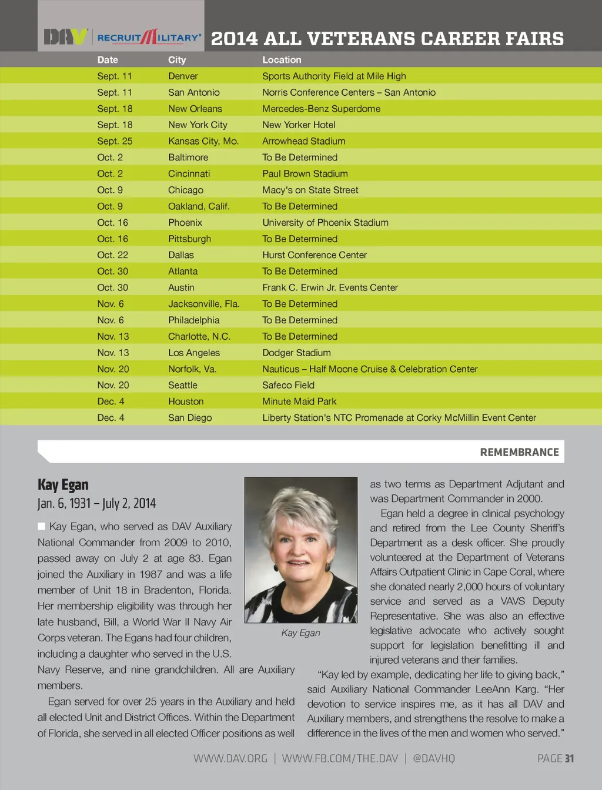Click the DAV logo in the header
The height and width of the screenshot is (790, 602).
pyautogui.click(x=66, y=37)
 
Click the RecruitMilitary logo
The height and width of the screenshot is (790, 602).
pyautogui.click(x=149, y=37)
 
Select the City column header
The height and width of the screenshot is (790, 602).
pyautogui.click(x=177, y=60)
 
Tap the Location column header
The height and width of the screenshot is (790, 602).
pyautogui.click(x=282, y=60)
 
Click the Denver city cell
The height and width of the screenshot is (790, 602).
pyautogui.click(x=183, y=76)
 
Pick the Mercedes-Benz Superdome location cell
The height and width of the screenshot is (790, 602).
pyautogui.click(x=321, y=109)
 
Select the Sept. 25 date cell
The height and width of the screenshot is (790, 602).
pyautogui.click(x=115, y=141)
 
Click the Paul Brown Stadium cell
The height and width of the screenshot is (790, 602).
pyautogui.click(x=305, y=174)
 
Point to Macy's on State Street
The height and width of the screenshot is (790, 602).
pyautogui.click(x=310, y=190)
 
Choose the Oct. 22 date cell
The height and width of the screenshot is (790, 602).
pyautogui.click(x=112, y=255)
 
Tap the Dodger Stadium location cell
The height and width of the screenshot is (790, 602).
pyautogui.click(x=296, y=353)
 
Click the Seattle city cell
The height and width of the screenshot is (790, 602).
pyautogui.click(x=183, y=385)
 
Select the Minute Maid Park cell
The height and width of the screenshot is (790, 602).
pyautogui.click(x=299, y=401)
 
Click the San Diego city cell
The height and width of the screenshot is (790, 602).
pyautogui.click(x=190, y=418)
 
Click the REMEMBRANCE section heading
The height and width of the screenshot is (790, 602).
pyautogui.click(x=519, y=452)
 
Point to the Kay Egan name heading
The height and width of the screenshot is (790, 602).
pyautogui.click(x=63, y=485)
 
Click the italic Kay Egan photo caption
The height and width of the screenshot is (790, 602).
pyautogui.click(x=300, y=633)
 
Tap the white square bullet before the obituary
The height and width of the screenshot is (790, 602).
pyautogui.click(x=42, y=527)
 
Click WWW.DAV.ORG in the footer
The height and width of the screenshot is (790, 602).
pyautogui.click(x=230, y=758)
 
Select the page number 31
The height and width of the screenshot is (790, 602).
pyautogui.click(x=569, y=758)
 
